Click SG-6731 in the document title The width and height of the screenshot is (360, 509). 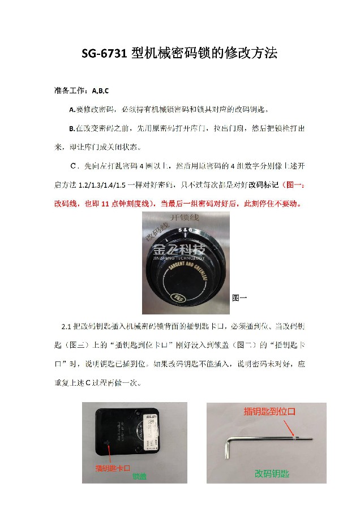[105, 54]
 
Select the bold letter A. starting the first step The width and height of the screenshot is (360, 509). [72, 109]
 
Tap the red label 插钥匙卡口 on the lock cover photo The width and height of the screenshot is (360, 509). [113, 468]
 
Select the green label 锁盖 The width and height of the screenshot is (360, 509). [139, 477]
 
